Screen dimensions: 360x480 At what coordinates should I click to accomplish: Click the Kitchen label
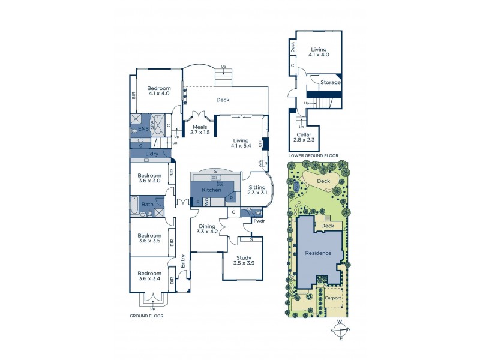(211, 190)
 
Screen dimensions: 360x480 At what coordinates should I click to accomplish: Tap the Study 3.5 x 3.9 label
(243, 260)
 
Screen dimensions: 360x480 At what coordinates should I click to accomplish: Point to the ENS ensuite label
(143, 128)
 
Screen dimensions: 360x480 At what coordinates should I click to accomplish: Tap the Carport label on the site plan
(333, 298)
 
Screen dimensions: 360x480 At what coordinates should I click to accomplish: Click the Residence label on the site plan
(318, 253)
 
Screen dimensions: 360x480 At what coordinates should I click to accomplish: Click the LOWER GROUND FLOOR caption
(313, 155)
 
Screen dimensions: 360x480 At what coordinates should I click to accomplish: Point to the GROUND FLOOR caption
(146, 315)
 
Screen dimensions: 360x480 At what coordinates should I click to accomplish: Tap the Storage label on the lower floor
(330, 82)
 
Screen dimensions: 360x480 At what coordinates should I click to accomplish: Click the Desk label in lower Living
(292, 47)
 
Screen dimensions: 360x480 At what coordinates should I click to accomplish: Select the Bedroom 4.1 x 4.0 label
(159, 91)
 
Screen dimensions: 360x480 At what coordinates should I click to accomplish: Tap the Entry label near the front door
(182, 260)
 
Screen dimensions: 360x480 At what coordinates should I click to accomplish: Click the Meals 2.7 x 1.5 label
(200, 129)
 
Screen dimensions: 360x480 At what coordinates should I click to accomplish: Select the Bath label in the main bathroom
(147, 205)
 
